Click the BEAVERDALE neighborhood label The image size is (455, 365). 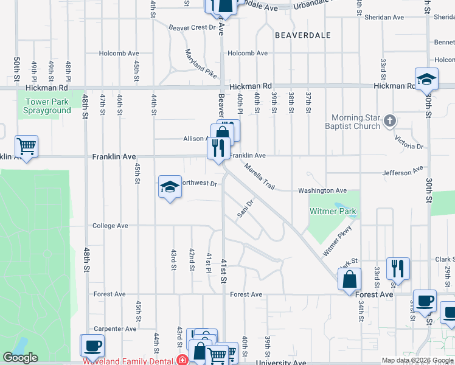(303, 35)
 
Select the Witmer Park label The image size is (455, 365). (333, 212)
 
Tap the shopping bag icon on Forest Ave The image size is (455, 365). (350, 280)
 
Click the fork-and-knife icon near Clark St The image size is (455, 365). (398, 268)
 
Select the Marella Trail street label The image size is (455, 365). (260, 177)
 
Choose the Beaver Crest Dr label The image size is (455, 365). (192, 27)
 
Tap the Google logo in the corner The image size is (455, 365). (20, 358)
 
